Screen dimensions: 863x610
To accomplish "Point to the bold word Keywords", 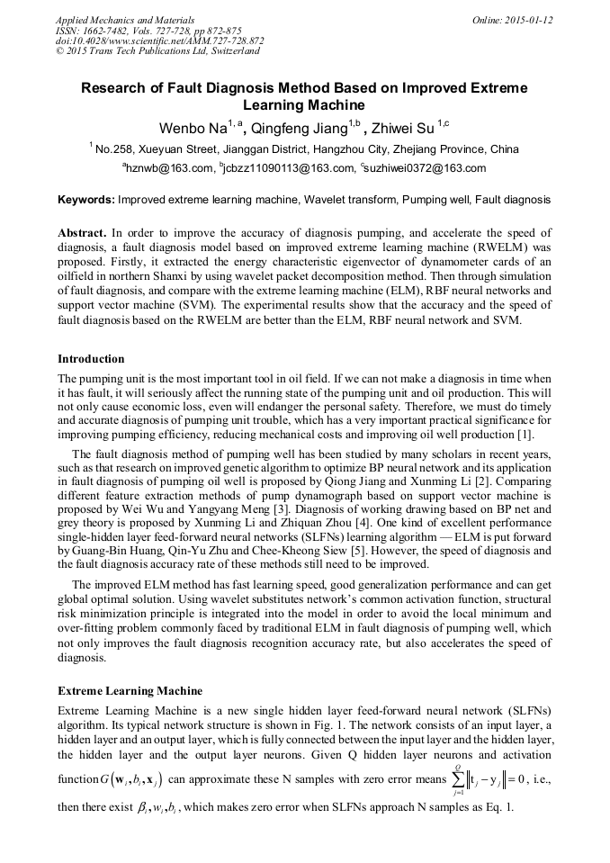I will click(86, 199).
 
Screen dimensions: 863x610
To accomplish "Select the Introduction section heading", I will click(91, 358).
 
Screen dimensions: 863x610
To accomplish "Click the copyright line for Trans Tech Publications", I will click(157, 51).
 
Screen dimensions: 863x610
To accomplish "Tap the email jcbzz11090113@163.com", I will click(289, 168).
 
